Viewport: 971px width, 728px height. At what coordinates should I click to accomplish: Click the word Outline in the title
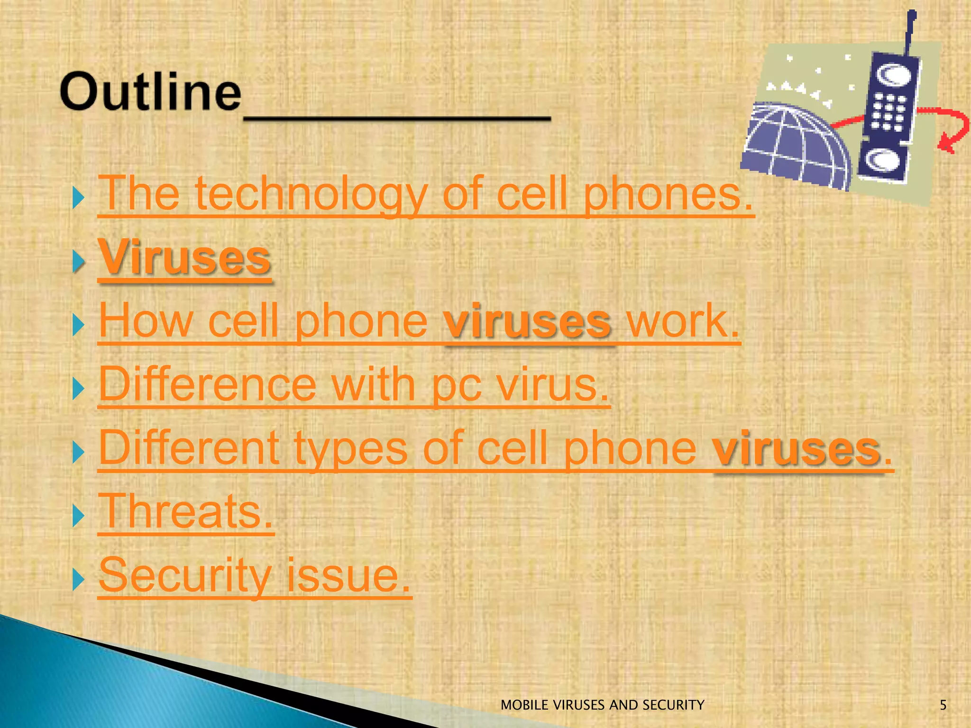pyautogui.click(x=150, y=92)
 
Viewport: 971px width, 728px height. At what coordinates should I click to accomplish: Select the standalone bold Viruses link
pyautogui.click(x=184, y=258)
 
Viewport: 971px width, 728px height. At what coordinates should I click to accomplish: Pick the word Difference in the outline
pyautogui.click(x=207, y=384)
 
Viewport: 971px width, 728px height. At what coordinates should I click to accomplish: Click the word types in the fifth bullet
pyautogui.click(x=350, y=448)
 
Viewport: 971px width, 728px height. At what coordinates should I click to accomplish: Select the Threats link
pyautogui.click(x=186, y=511)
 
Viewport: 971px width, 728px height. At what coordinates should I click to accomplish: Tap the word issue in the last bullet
pyautogui.click(x=348, y=575)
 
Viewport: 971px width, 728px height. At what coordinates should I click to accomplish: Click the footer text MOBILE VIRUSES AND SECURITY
pyautogui.click(x=602, y=705)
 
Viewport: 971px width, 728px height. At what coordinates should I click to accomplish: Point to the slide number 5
pyautogui.click(x=943, y=705)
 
